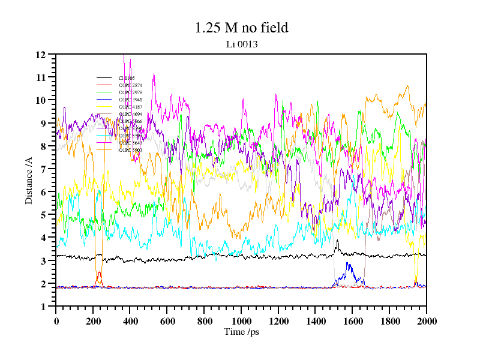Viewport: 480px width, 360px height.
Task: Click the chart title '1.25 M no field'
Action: (x=241, y=28)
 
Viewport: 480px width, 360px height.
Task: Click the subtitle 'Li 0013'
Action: (x=241, y=44)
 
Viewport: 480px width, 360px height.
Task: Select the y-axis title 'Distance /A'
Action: (x=29, y=180)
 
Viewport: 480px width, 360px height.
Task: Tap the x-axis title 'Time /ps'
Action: (x=241, y=332)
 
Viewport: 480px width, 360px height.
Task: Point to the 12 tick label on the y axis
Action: (x=41, y=55)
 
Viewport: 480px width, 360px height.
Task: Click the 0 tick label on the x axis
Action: (x=56, y=321)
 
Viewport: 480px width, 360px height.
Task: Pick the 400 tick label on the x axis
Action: (x=130, y=321)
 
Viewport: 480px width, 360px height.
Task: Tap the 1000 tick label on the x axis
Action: (x=241, y=321)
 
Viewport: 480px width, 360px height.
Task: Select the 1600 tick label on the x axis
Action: (x=352, y=321)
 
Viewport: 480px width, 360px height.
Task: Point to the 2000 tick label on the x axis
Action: (x=426, y=321)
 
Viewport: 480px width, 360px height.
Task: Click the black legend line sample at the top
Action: (x=104, y=78)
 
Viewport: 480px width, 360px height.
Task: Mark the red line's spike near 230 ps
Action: (x=99, y=272)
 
